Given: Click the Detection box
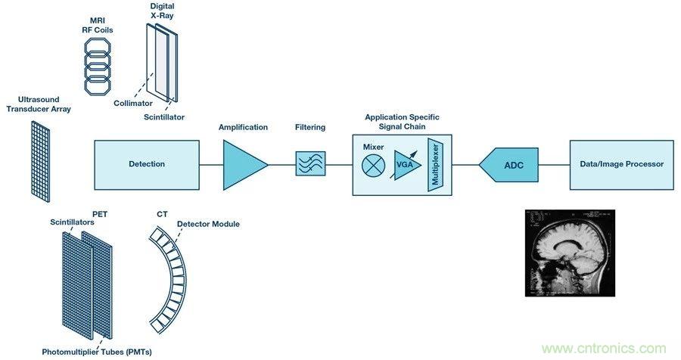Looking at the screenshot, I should click(146, 164).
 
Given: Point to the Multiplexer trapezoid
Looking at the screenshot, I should click(434, 165).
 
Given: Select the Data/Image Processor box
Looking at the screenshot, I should click(621, 164).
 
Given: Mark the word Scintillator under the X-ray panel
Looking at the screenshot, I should click(163, 117).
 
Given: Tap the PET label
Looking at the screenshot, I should click(100, 214).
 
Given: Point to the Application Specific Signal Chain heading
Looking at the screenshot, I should click(402, 122).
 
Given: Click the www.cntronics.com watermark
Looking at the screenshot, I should click(605, 348).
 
